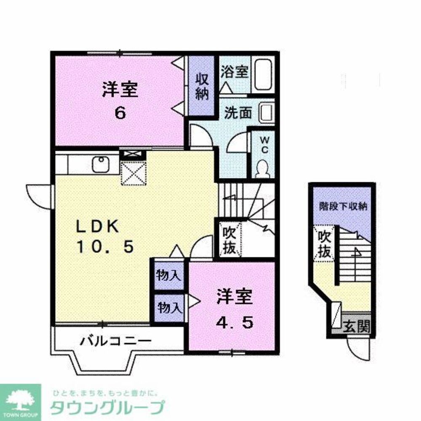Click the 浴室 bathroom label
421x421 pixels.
(234, 72)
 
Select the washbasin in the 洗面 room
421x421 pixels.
(266, 112)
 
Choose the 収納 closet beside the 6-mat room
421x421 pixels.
(202, 87)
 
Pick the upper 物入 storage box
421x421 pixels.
(169, 276)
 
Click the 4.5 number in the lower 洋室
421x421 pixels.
(235, 322)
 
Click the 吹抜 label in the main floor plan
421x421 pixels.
(230, 240)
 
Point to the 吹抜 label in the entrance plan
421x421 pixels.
(324, 244)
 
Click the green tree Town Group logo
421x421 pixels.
(20, 400)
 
